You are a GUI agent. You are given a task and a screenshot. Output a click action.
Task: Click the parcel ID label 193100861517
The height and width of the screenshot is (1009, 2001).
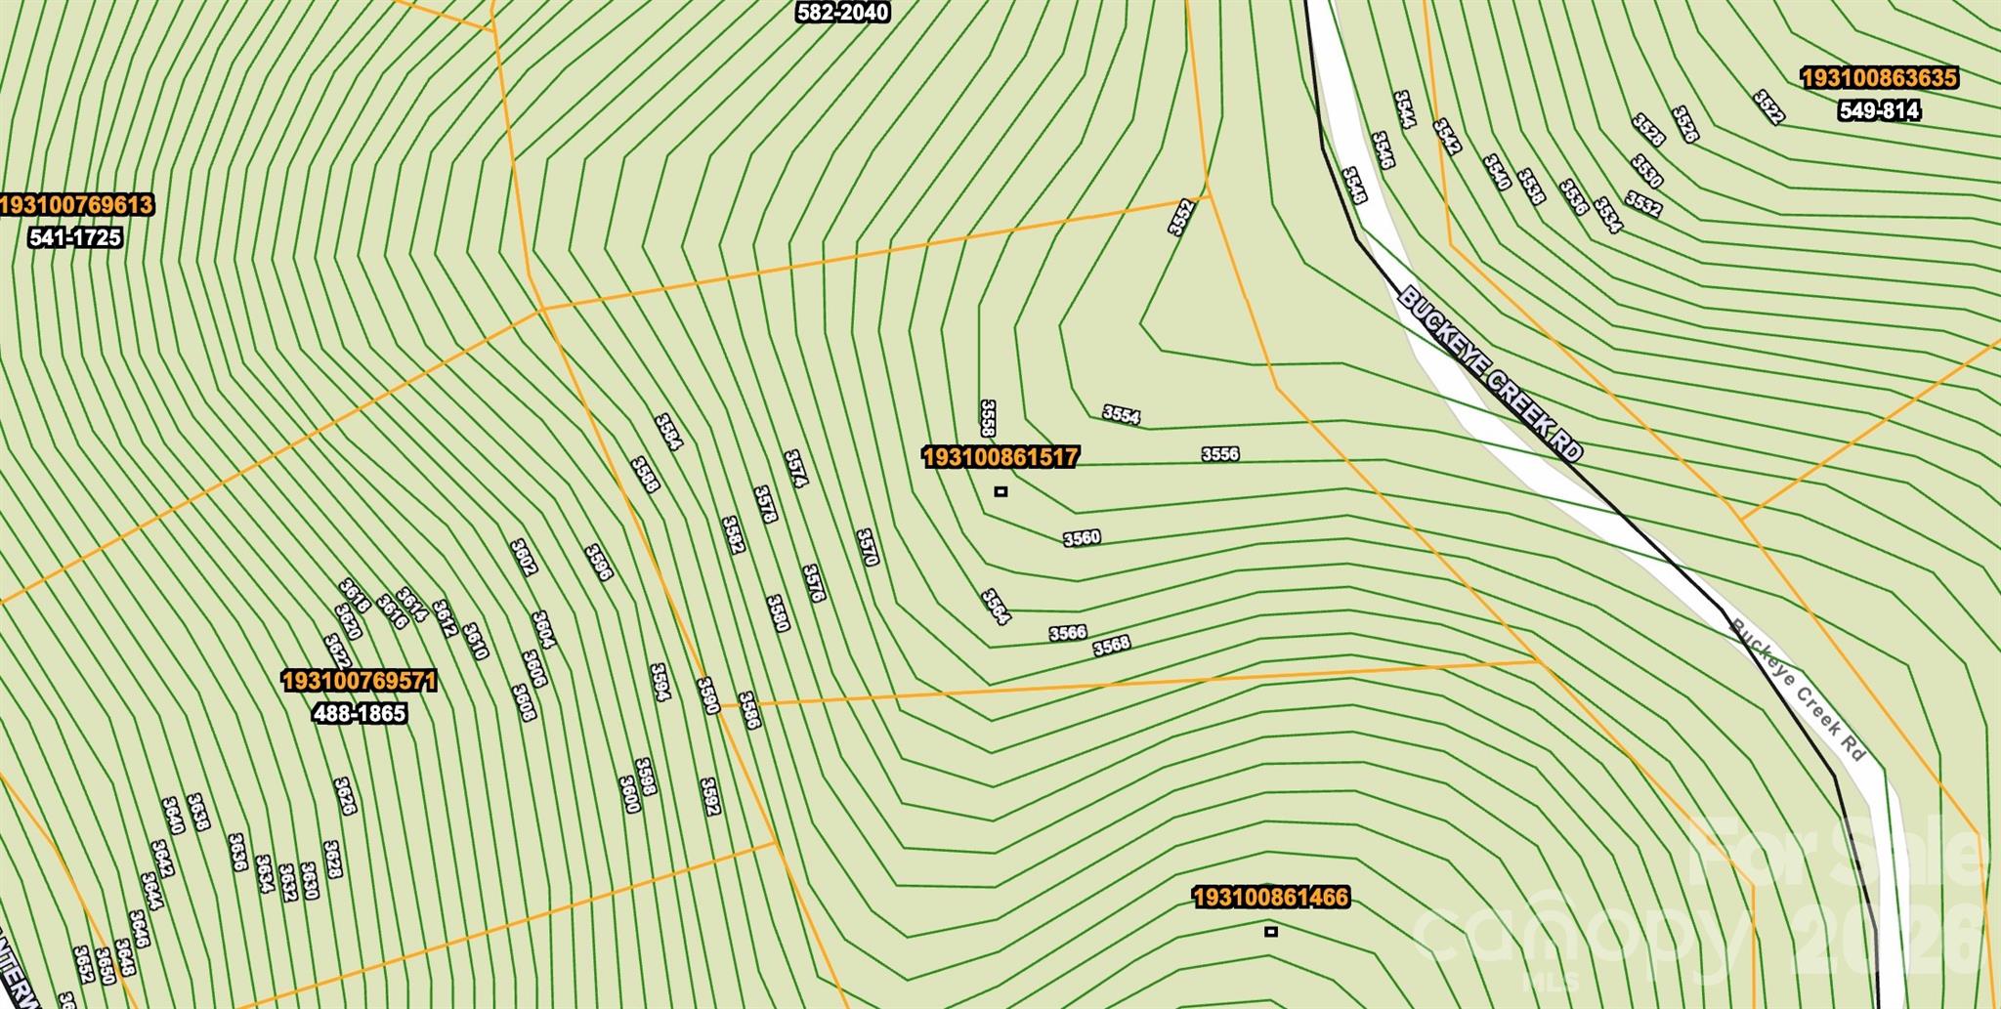(1000, 457)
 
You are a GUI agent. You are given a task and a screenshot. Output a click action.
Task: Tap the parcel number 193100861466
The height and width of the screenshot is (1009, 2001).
(1270, 898)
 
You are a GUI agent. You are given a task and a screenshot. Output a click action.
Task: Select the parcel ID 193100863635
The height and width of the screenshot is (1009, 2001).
(1879, 78)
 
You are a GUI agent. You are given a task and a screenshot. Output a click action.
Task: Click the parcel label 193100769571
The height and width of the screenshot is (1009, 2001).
(359, 681)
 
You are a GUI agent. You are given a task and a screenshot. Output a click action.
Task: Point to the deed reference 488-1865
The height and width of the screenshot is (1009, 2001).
(359, 714)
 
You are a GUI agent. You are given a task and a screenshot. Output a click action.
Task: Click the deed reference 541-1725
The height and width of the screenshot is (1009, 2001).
(75, 237)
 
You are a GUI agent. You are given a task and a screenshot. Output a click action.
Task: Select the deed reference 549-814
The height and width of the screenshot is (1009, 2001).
(1879, 111)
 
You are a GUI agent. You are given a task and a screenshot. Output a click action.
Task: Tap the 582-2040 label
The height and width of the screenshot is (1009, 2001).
(842, 13)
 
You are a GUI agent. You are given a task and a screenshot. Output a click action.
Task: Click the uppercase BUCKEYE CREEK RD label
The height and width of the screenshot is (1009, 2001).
(1490, 374)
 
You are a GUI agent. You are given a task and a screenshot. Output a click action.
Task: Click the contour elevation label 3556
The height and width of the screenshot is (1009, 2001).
(1219, 454)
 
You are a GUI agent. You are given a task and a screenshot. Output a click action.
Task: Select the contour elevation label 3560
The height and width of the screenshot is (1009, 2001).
(1082, 538)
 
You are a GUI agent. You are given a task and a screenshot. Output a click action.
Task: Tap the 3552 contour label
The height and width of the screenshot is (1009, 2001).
(1181, 217)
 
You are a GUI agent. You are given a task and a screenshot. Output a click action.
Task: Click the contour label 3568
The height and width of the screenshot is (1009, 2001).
(1112, 646)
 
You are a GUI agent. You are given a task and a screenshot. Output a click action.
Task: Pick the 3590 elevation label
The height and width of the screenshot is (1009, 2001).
(708, 695)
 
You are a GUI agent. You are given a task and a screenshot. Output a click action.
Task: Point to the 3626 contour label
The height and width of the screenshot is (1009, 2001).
(344, 796)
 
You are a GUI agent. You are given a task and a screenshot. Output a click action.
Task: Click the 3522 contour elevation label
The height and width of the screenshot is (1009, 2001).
(1769, 107)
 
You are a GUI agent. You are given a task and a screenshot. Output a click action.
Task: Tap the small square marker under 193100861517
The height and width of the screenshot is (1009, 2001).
(1000, 491)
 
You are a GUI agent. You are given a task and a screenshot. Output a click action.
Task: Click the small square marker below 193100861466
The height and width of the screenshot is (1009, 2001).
(1270, 932)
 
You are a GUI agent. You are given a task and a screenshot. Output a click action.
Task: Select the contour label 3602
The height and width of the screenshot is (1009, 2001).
(524, 557)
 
